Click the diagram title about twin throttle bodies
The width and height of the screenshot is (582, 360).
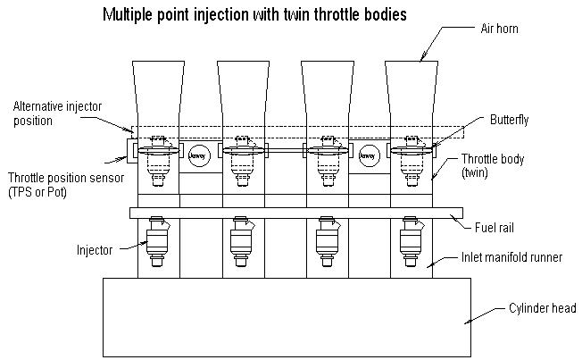[255, 14]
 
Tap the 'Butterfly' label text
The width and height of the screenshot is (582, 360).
[507, 119]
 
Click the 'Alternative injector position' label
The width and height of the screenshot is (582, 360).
[57, 113]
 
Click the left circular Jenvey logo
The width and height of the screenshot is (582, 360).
[198, 155]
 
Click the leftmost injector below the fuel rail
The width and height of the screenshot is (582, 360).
[158, 240]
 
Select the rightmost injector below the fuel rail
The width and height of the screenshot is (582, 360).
[412, 240]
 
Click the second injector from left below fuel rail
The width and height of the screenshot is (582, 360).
[241, 240]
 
